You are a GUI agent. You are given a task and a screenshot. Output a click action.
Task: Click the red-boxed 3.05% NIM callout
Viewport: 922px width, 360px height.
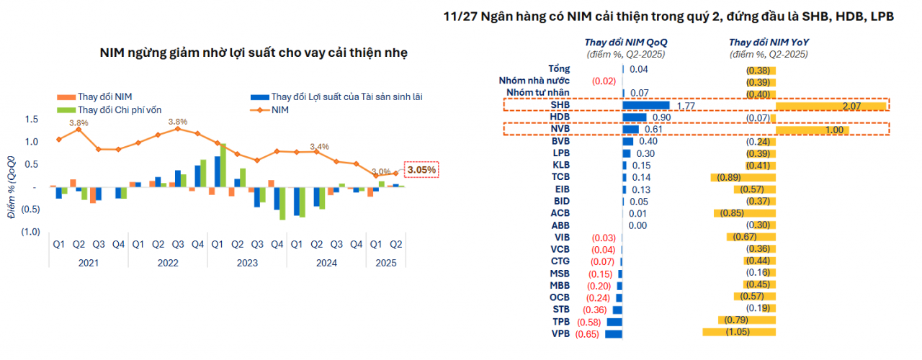point(421,170)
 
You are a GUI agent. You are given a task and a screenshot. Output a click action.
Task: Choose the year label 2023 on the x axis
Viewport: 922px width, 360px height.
point(246,263)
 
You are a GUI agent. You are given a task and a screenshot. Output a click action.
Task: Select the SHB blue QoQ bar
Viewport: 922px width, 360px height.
point(646,105)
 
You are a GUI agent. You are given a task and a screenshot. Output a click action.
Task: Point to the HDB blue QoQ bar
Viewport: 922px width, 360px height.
point(635,117)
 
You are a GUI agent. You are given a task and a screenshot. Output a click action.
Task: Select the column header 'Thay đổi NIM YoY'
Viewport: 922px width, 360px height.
point(769,42)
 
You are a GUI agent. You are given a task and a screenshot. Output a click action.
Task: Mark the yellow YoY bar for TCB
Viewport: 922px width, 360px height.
point(743,177)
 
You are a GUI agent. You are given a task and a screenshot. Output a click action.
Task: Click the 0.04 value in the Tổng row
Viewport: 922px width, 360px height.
point(639,69)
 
